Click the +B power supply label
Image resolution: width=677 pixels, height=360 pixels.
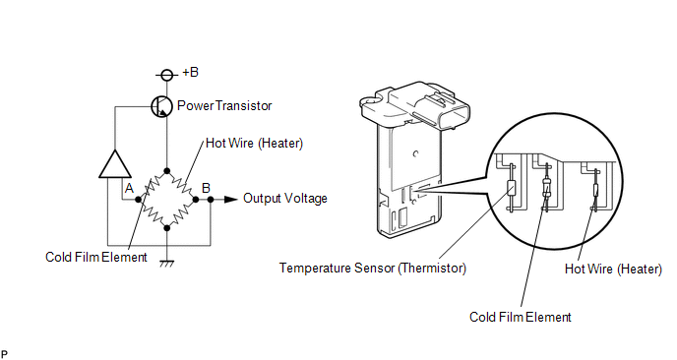[190, 72]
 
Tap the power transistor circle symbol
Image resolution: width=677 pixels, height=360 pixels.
[162, 106]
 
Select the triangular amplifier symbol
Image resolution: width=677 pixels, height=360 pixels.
[115, 164]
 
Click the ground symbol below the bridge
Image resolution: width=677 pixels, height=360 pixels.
[166, 264]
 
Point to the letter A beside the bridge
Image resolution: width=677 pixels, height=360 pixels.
[129, 189]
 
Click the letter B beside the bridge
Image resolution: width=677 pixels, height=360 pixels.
[206, 188]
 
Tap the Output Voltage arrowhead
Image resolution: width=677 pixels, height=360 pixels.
[231, 199]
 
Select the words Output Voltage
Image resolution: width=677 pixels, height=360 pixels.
[285, 199]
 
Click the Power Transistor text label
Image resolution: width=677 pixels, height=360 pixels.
[224, 106]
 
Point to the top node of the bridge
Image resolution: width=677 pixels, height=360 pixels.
[166, 170]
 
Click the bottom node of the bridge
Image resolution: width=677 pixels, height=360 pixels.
[166, 227]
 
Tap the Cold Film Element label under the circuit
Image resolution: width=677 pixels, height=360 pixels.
[96, 258]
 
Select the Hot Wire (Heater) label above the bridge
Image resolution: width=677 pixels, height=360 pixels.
[254, 143]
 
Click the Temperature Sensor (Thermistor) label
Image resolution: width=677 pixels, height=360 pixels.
[373, 269]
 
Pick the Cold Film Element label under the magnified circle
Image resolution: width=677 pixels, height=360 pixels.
[521, 318]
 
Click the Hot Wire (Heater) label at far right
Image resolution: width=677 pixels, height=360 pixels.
[613, 269]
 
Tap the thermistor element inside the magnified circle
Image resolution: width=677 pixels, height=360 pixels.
[511, 188]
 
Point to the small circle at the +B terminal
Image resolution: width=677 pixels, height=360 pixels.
[166, 76]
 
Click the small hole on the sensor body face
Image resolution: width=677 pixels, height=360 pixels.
[415, 153]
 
